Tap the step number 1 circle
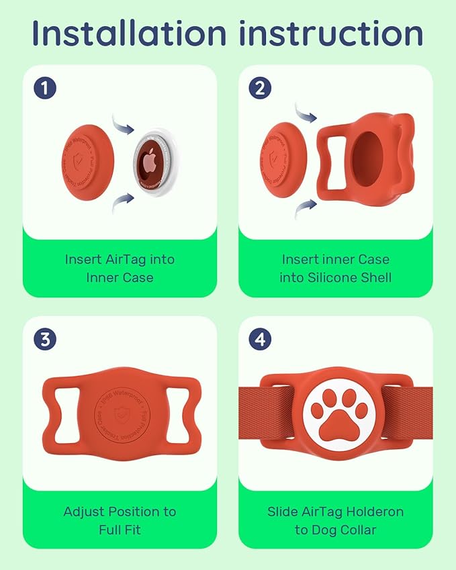tap(45, 87)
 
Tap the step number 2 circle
tap(261, 87)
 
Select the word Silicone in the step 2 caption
tap(351, 277)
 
